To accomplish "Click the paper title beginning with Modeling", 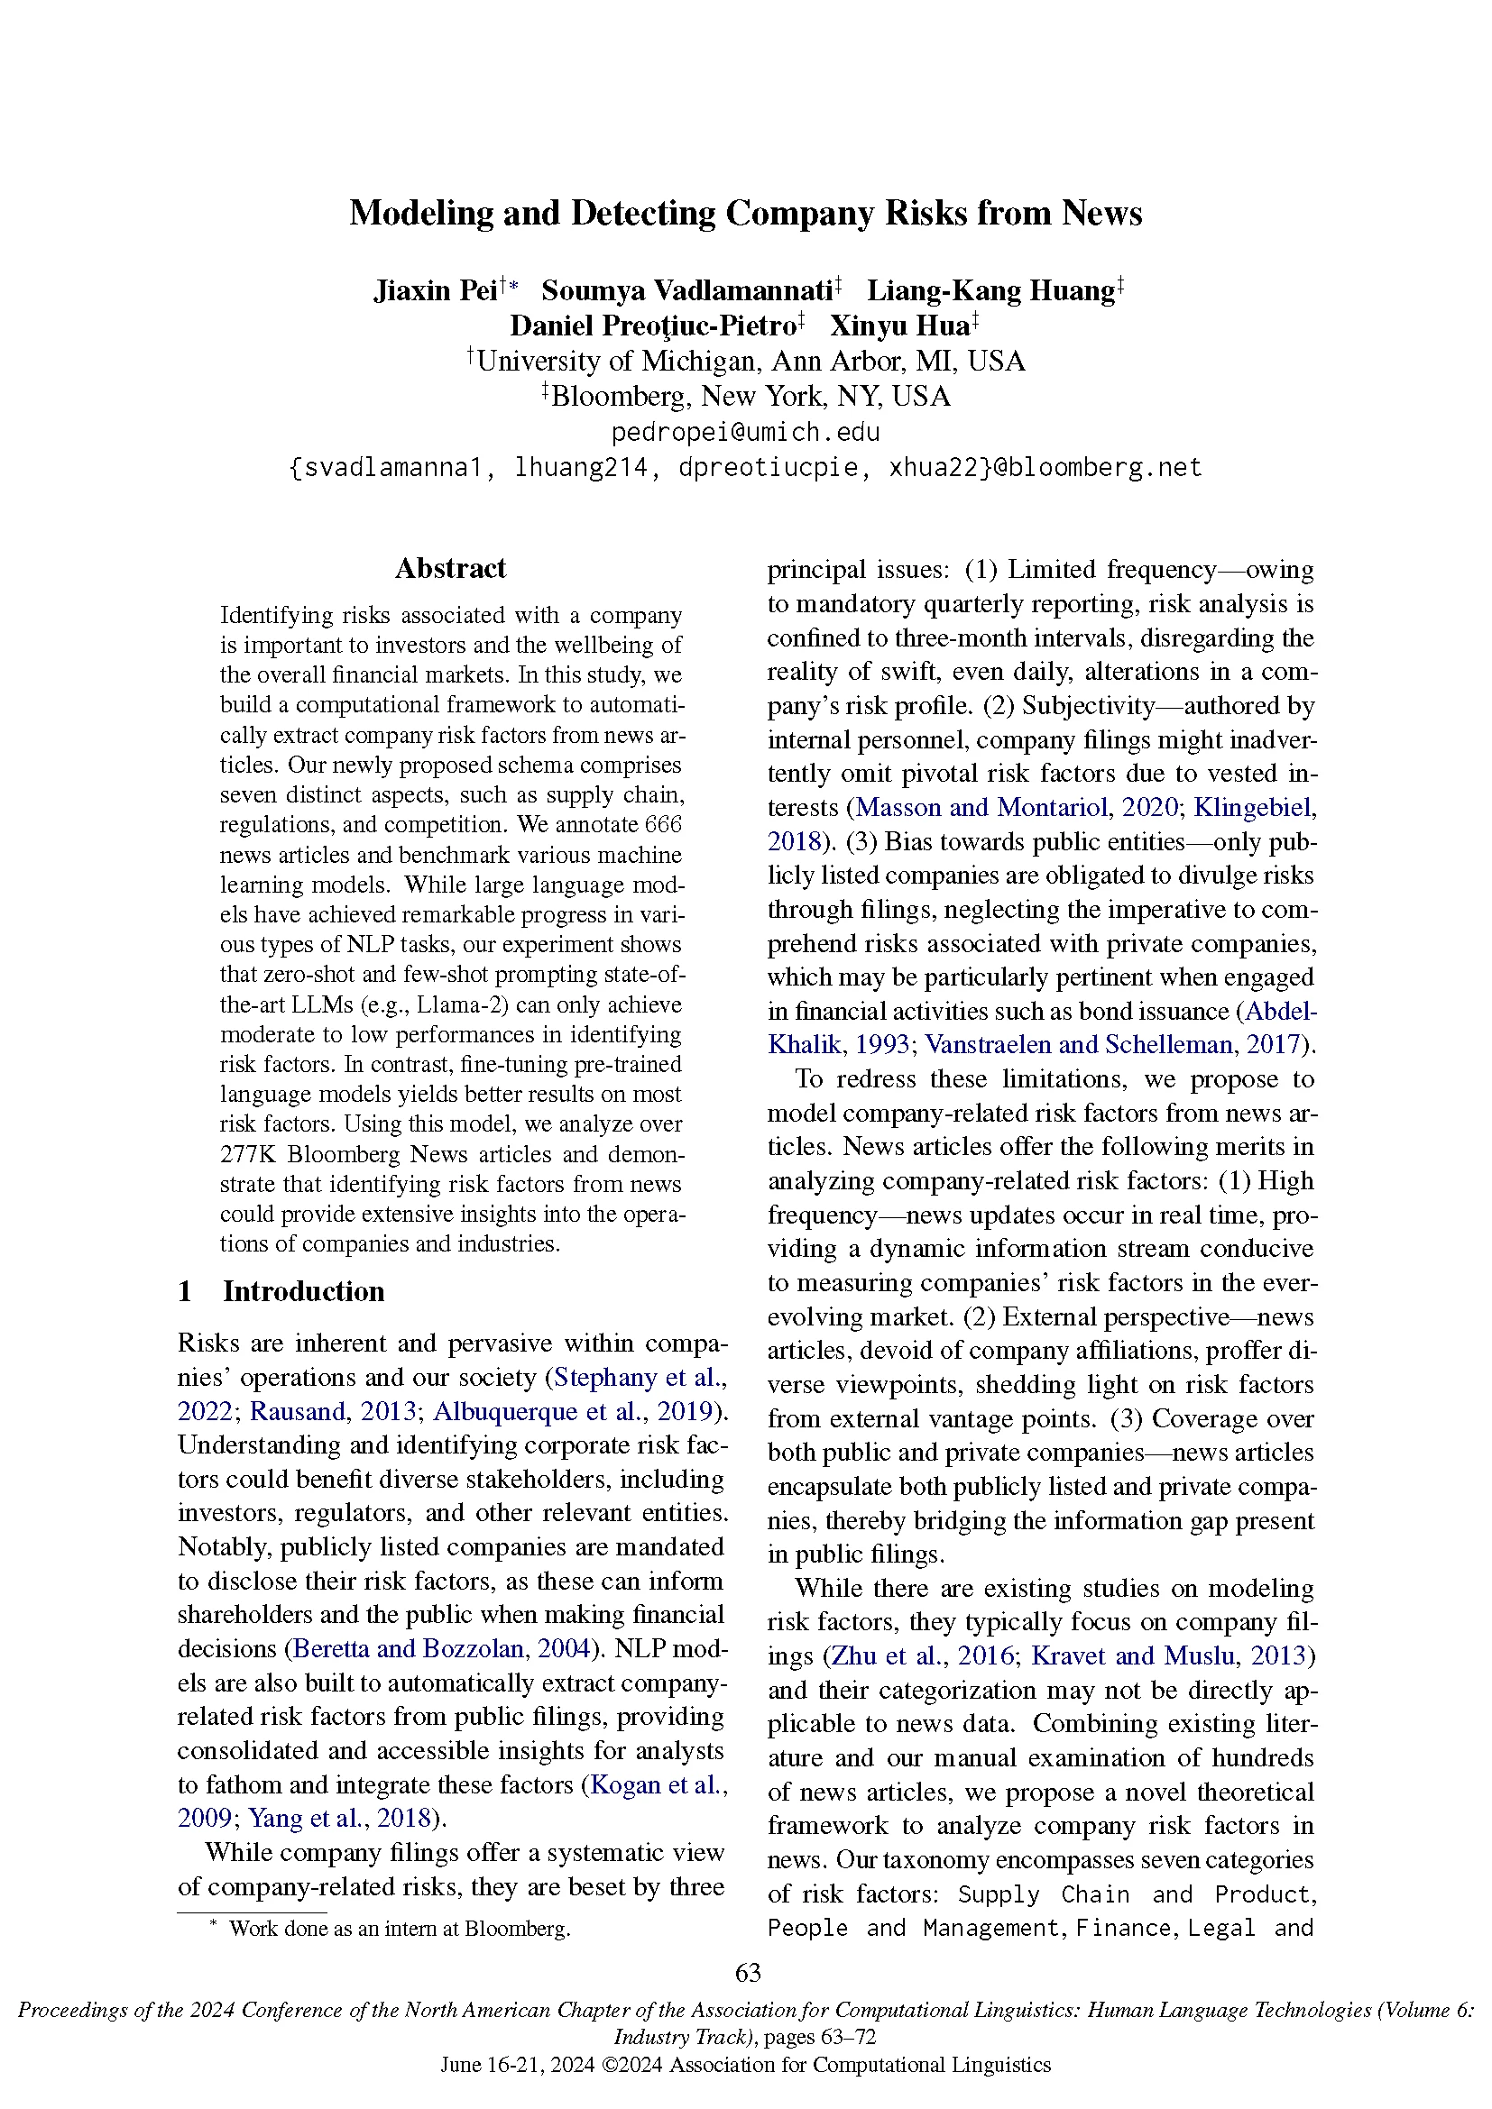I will point(745,213).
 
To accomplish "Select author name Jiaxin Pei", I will point(436,291).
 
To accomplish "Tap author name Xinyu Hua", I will point(899,326).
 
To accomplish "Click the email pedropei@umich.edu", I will point(745,432).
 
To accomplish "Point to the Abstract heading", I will point(450,569).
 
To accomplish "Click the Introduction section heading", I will point(303,1291).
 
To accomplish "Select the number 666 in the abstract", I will point(663,825).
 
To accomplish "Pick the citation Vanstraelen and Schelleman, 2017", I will point(1112,1044).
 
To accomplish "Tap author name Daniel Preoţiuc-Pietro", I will point(653,326).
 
